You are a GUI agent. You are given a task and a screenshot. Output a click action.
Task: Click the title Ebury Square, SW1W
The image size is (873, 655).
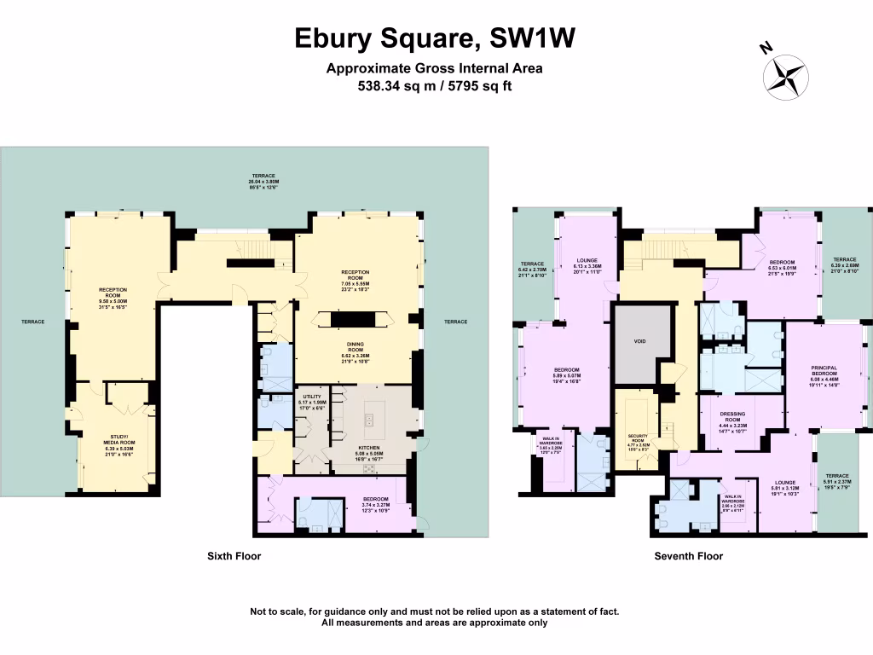click(435, 38)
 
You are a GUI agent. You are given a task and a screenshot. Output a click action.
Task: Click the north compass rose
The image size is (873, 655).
click(785, 72)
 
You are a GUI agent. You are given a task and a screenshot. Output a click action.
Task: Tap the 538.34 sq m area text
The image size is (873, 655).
click(393, 85)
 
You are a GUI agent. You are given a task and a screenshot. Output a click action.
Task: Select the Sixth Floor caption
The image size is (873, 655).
click(234, 556)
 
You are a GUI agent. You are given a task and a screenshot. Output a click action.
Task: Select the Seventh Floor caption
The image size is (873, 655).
click(688, 556)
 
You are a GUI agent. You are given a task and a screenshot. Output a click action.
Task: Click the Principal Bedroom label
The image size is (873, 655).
click(824, 375)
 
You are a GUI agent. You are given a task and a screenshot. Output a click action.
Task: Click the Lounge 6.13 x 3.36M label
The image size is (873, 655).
click(588, 264)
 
